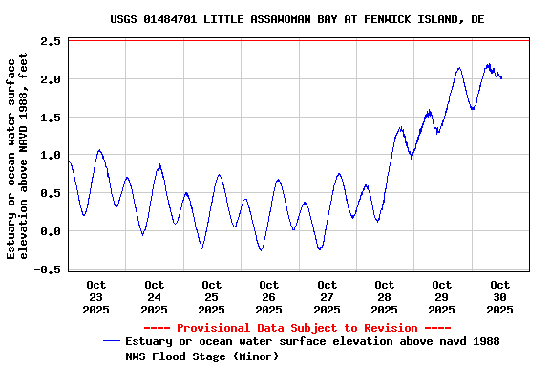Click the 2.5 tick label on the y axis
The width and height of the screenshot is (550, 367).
coord(52,41)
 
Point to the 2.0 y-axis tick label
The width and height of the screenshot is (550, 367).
coord(52,79)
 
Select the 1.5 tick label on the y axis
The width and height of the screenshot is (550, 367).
coord(52,118)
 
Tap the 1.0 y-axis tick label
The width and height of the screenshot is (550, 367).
coord(52,155)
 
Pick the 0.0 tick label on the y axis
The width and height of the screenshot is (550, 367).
coord(52,231)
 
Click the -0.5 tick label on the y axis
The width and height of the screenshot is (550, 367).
coord(48,270)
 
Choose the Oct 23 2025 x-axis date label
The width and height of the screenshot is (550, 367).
coord(96,297)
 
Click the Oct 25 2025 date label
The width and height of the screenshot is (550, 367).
coord(212,297)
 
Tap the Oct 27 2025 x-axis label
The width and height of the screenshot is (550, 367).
coord(327,297)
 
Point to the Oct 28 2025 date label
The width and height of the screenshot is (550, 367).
coord(385,297)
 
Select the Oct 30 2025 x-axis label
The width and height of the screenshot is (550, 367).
coord(499,297)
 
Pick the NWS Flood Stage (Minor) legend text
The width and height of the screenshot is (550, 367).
coord(201,356)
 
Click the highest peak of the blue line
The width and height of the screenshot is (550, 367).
coord(488,65)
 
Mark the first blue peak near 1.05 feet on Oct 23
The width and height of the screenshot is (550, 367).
coord(98,150)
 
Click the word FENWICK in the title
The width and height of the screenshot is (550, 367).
coord(368,19)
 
